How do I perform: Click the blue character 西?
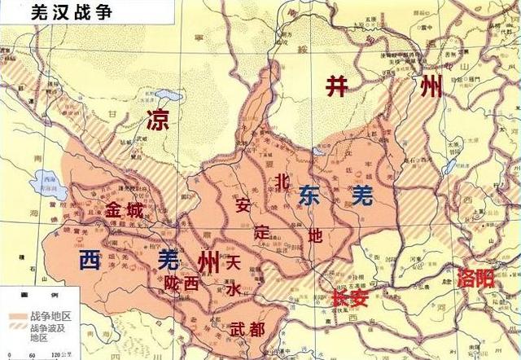click(90, 260)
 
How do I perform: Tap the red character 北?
click(282, 182)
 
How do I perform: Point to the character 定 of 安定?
click(260, 230)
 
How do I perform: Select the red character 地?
click(315, 235)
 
